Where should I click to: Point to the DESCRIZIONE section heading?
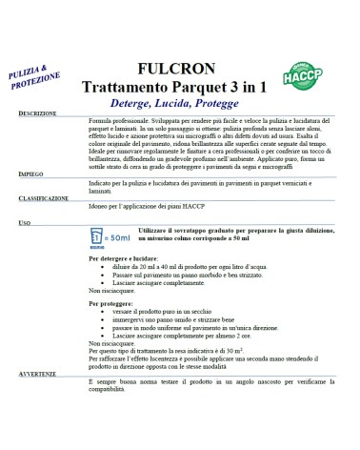[44, 139]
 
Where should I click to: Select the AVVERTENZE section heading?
[42, 399]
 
